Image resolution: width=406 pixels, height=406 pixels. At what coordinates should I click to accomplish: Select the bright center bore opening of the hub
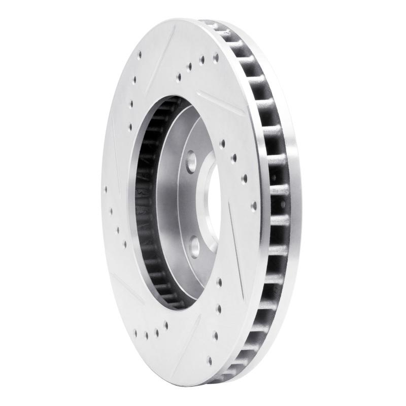coord(212,203)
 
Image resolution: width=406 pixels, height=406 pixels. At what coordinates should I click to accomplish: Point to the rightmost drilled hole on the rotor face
coord(254,206)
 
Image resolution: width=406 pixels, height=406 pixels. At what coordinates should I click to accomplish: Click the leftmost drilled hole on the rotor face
coord(106,191)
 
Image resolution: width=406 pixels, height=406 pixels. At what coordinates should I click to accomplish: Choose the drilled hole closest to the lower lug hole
coord(219,280)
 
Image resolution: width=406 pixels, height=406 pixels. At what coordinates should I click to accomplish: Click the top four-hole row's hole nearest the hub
coord(179,78)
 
